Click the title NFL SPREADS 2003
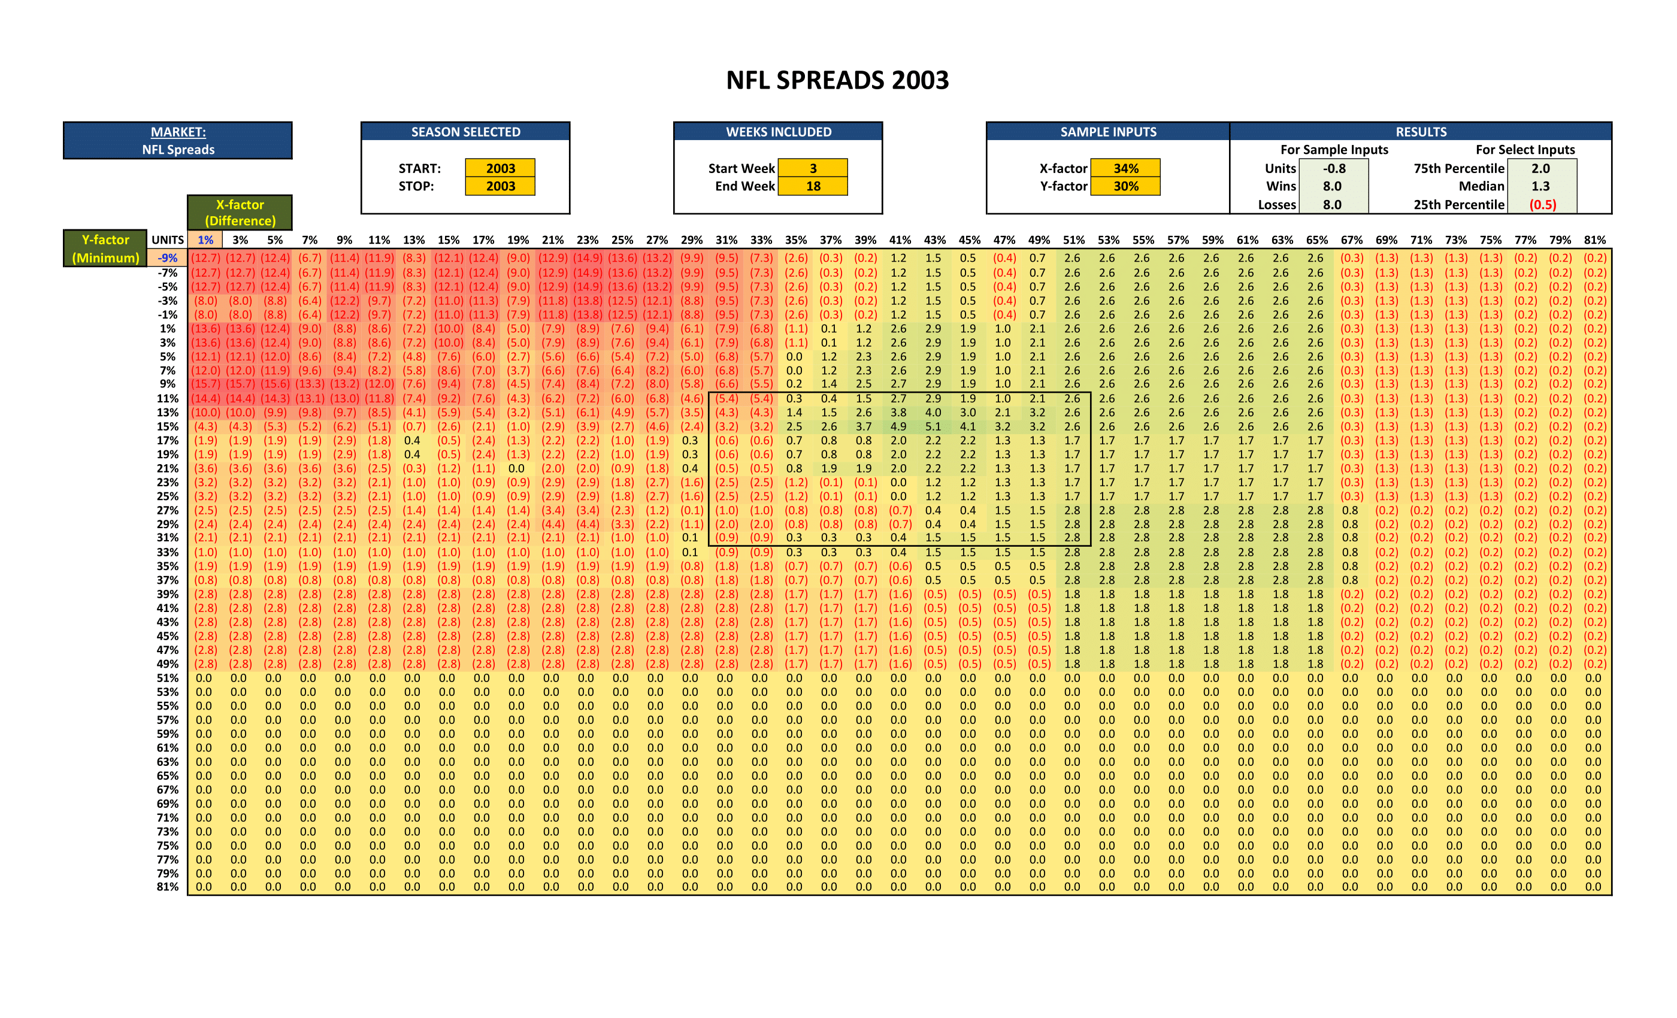[x=837, y=80]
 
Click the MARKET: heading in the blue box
[x=178, y=132]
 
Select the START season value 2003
[x=500, y=168]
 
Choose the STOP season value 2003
[x=500, y=186]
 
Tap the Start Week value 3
[x=813, y=168]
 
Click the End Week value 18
[x=813, y=186]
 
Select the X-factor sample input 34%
[x=1126, y=168]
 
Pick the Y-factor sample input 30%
[x=1126, y=186]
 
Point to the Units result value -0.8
[x=1334, y=168]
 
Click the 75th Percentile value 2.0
[x=1541, y=168]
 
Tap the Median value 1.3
[x=1541, y=186]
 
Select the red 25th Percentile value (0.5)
[x=1542, y=204]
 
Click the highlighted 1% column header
[x=205, y=240]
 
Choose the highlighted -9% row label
[x=168, y=258]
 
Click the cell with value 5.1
[x=933, y=426]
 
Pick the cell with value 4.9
[x=898, y=426]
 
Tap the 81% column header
[x=1594, y=240]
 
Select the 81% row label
[x=168, y=887]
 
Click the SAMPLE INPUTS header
[x=1108, y=132]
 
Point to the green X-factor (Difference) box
[x=240, y=213]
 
